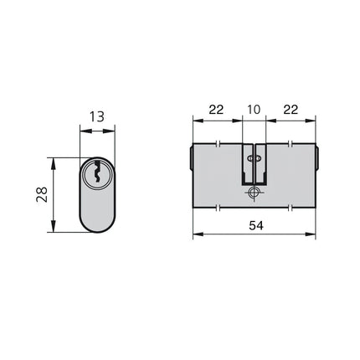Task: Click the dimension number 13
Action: pyautogui.click(x=97, y=116)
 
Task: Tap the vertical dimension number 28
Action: pyautogui.click(x=42, y=194)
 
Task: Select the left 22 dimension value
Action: pyautogui.click(x=216, y=110)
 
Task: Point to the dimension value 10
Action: pyautogui.click(x=254, y=110)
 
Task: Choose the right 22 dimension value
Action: pyautogui.click(x=291, y=110)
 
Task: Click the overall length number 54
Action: pyautogui.click(x=256, y=225)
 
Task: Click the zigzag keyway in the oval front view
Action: pyautogui.click(x=97, y=172)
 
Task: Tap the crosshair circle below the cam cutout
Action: pyautogui.click(x=254, y=193)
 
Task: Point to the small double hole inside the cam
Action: pyautogui.click(x=255, y=159)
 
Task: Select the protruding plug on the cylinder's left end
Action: pyautogui.click(x=191, y=158)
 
